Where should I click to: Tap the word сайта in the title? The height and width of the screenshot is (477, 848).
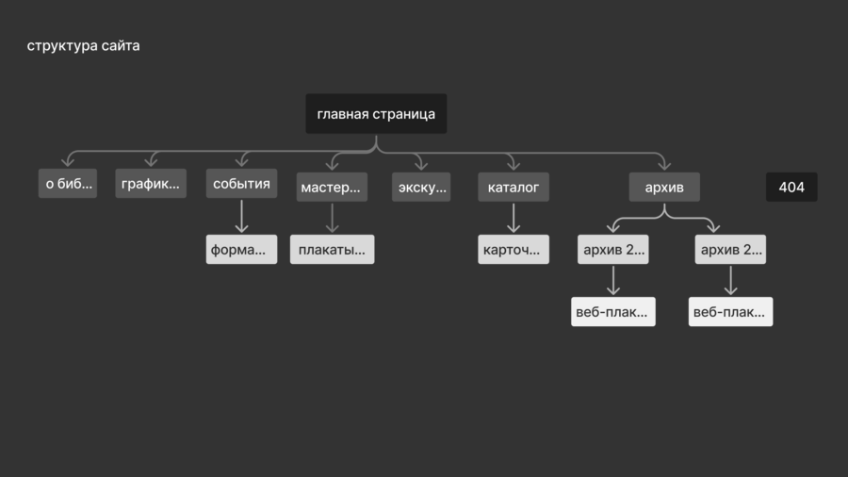pos(121,45)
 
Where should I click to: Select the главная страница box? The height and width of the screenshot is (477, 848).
pos(376,114)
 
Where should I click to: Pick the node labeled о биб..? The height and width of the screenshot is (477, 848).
pos(68,184)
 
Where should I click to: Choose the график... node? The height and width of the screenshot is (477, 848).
pos(151,184)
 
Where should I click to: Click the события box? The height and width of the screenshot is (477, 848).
pos(241,184)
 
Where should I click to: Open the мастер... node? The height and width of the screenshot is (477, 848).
pos(331,188)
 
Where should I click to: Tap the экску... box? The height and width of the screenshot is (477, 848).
pos(421,188)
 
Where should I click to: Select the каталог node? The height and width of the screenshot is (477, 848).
pos(513,188)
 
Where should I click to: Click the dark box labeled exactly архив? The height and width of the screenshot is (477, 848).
pos(664,188)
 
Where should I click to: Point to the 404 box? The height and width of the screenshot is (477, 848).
pos(791,188)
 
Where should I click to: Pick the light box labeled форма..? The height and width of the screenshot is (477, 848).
pos(241,250)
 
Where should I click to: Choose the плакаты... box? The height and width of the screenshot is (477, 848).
pos(332,250)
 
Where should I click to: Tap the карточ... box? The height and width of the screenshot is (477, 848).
pos(513,250)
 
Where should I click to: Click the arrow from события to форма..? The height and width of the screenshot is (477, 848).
pos(241,216)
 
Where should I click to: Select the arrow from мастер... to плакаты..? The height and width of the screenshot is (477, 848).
pos(332,218)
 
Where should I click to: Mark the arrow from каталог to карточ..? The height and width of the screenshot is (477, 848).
pos(513,218)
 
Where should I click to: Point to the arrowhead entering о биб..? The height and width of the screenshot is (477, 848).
pos(68,163)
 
